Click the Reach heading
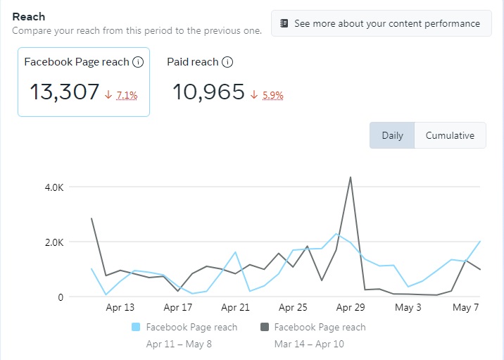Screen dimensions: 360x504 pos(28,16)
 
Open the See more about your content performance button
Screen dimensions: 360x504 pos(381,23)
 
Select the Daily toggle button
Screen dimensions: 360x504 pos(392,135)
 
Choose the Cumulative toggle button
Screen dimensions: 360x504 pos(450,135)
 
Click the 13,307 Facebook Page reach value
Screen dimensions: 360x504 pos(64,92)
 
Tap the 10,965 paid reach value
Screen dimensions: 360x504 pos(208,92)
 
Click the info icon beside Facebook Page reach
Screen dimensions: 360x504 pos(138,62)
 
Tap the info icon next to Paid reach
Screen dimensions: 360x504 pos(227,62)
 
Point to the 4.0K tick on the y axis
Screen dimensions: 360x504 pos(55,187)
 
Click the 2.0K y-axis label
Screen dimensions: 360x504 pos(55,242)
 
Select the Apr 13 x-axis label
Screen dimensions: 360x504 pos(120,308)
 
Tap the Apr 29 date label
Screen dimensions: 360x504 pos(350,308)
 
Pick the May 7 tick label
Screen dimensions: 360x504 pos(465,308)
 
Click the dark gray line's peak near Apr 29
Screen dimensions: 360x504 pos(350,178)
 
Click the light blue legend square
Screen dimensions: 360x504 pos(137,328)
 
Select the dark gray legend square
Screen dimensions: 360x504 pos(265,328)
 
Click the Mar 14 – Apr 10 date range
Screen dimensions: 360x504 pos(309,344)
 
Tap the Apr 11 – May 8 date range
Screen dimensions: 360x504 pos(179,344)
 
